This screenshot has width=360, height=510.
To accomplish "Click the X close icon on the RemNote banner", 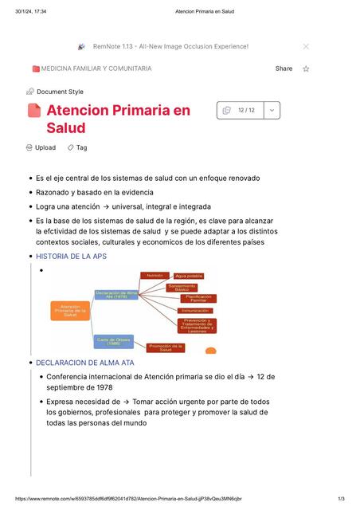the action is click(x=306, y=47).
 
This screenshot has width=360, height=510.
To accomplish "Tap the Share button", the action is click(x=284, y=69).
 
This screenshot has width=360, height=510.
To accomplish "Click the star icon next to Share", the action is click(x=306, y=69).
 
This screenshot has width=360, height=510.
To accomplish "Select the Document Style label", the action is click(x=60, y=92).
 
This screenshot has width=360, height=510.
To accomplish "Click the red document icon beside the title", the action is click(x=34, y=111).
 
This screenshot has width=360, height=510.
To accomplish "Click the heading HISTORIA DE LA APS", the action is click(x=71, y=257).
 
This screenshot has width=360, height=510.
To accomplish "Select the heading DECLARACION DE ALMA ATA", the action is click(x=85, y=363).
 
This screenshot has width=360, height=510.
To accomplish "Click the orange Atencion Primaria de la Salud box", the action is click(x=70, y=311).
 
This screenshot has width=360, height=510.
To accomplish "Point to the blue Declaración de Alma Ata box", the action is click(x=116, y=295).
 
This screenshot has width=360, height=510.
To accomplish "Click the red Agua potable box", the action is click(x=189, y=276).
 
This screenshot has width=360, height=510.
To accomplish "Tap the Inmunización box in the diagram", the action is click(x=195, y=311).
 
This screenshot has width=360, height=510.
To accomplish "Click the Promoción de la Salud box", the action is click(x=166, y=347).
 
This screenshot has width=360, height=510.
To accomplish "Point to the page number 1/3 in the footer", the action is click(x=341, y=499).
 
